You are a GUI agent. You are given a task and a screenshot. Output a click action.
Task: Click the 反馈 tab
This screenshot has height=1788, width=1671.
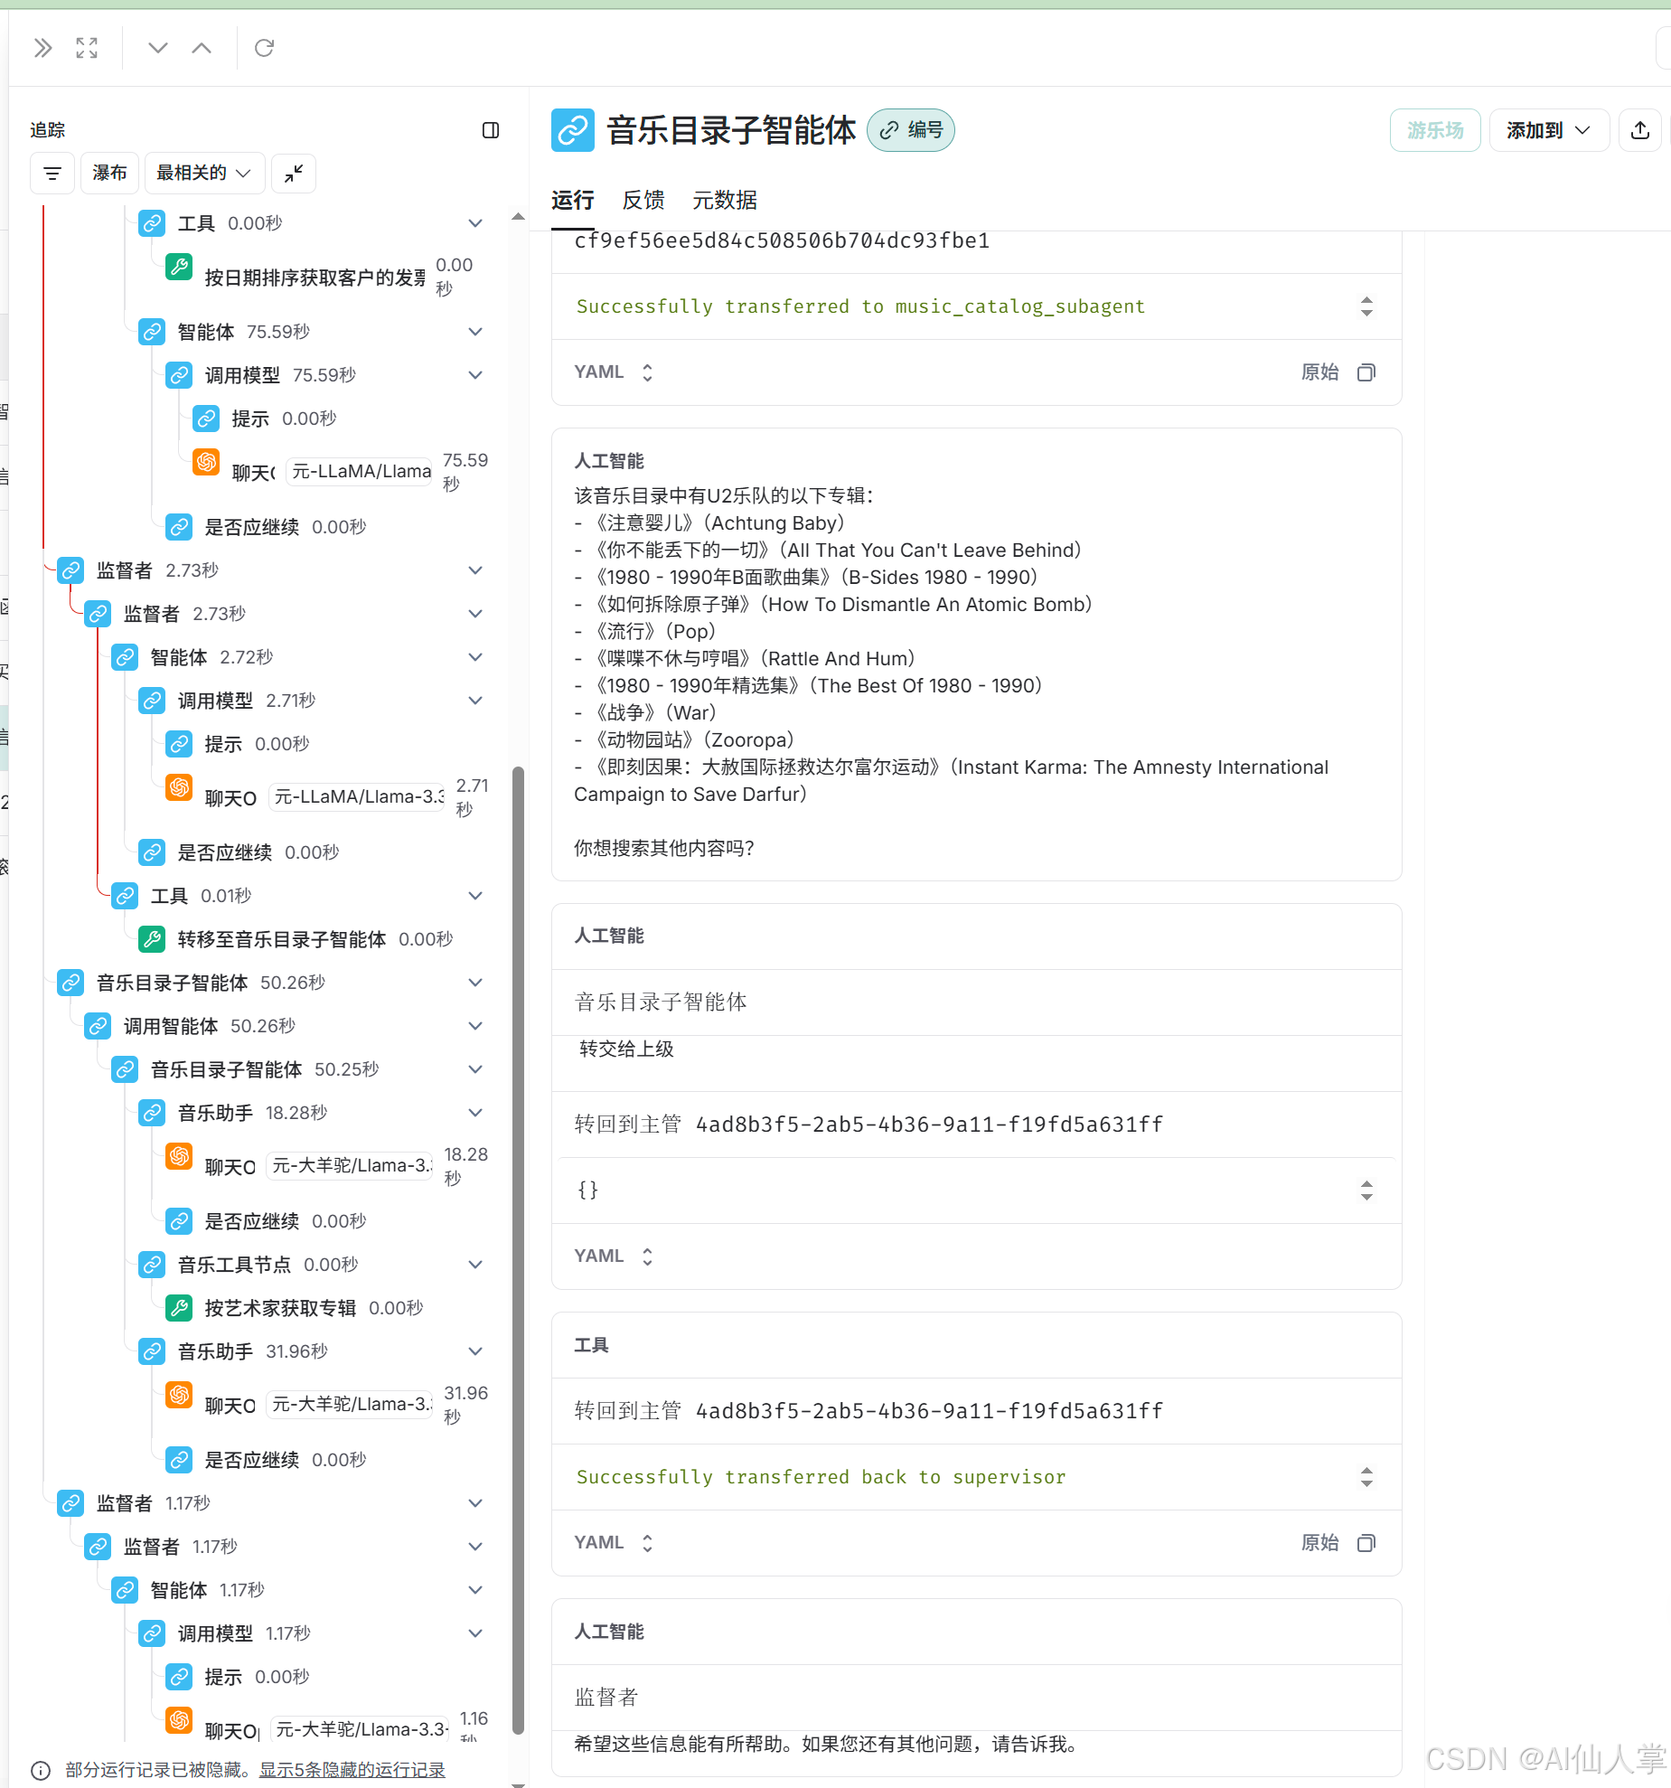[x=643, y=200]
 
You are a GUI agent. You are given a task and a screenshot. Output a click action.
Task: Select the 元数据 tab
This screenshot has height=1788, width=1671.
[x=724, y=200]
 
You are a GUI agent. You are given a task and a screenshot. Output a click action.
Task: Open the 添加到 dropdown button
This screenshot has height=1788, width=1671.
[x=1547, y=130]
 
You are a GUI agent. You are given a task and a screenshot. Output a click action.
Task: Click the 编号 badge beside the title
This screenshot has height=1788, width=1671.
[x=911, y=130]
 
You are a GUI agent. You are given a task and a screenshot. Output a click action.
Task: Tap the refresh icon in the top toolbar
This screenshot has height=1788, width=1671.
[x=264, y=48]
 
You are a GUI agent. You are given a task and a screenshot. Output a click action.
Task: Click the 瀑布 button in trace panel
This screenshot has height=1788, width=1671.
[x=109, y=173]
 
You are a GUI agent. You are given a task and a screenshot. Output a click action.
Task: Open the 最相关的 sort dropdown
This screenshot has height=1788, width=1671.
[x=203, y=173]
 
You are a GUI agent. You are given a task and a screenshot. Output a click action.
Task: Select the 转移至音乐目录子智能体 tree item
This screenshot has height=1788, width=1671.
[x=281, y=939]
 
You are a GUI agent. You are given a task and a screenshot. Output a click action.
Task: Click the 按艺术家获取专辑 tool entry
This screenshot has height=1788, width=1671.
[x=279, y=1308]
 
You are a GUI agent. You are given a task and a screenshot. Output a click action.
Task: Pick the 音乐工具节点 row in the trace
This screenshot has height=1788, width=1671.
[x=234, y=1265]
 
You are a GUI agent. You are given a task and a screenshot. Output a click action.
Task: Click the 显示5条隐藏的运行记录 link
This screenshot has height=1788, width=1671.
[x=352, y=1770]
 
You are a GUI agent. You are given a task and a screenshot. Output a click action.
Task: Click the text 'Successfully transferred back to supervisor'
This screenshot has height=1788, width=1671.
[x=821, y=1477]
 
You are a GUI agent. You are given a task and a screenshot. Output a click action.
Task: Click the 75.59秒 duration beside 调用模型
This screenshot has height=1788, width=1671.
[x=324, y=375]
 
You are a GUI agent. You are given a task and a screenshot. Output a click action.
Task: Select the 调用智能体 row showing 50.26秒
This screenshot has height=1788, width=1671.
[x=171, y=1026]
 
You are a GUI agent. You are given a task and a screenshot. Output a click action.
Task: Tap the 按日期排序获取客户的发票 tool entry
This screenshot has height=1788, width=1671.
[x=314, y=278]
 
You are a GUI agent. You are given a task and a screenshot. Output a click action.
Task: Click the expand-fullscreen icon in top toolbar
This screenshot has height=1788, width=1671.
[x=87, y=48]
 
